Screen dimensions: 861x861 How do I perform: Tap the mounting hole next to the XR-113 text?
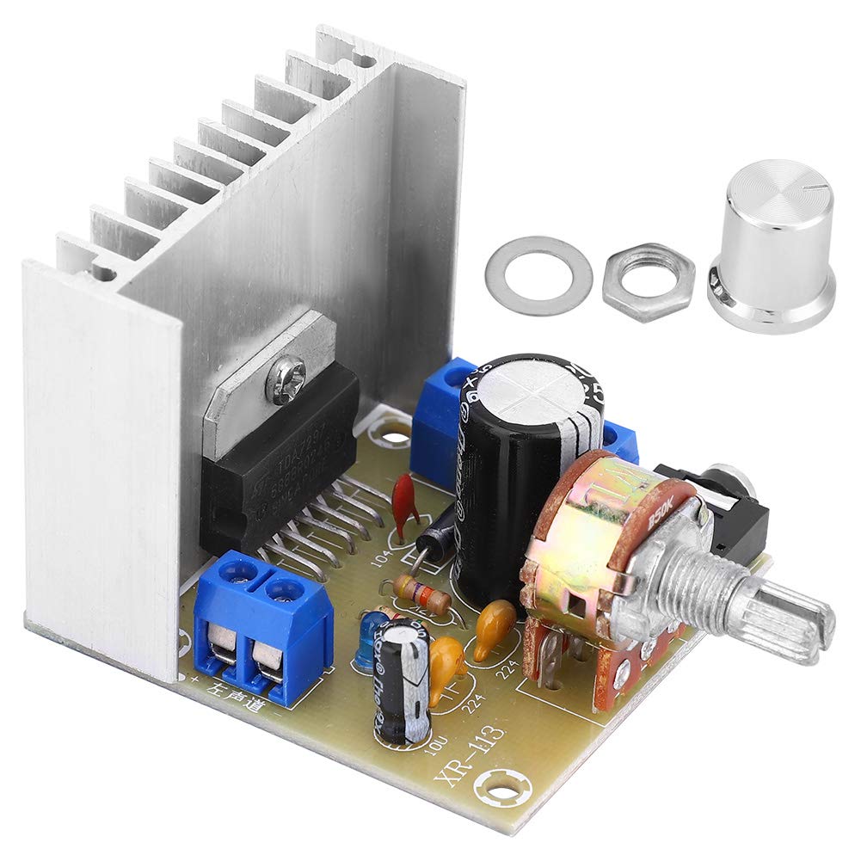[x=499, y=784]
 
